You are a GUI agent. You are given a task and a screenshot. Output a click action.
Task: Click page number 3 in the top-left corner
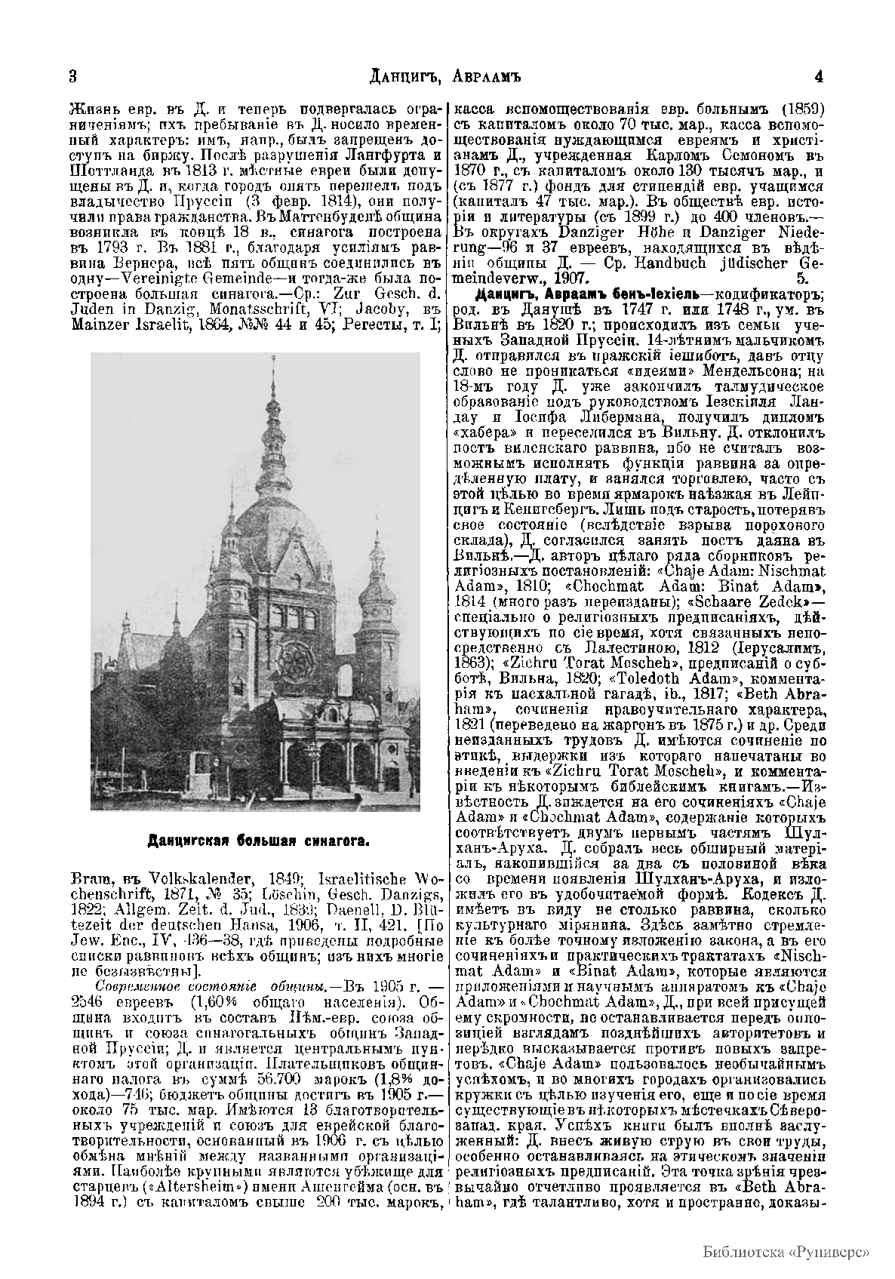point(73,76)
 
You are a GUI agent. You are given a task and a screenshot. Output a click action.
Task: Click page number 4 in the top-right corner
point(820,76)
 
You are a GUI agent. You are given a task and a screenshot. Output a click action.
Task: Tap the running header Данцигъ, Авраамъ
point(447,76)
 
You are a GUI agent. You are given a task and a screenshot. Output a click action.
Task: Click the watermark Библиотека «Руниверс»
point(786,1250)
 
